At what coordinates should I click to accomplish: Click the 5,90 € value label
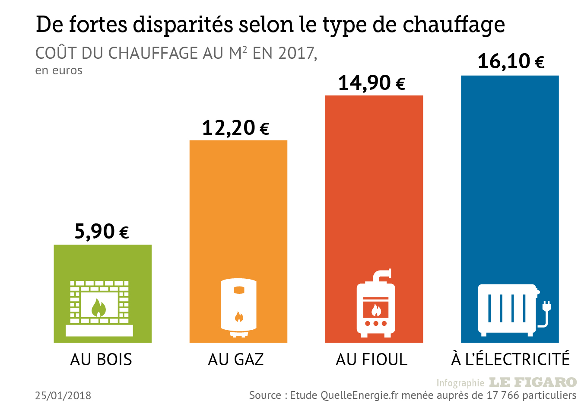click(102, 232)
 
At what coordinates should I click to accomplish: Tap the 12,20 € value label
click(236, 128)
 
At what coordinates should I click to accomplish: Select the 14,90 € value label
click(372, 83)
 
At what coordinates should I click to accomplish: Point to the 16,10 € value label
click(511, 61)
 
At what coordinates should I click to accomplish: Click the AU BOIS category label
click(101, 360)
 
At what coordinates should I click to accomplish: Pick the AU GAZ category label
click(236, 360)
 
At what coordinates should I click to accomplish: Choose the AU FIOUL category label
click(372, 360)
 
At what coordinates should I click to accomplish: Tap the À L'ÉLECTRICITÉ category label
click(511, 360)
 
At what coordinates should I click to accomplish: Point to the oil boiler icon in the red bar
click(375, 305)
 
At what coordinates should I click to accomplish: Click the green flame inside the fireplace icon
click(99, 308)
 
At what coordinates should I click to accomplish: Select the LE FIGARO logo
click(533, 382)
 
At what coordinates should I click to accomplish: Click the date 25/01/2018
click(63, 395)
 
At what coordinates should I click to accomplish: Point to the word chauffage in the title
click(454, 25)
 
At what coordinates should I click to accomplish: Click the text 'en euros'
click(59, 70)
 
